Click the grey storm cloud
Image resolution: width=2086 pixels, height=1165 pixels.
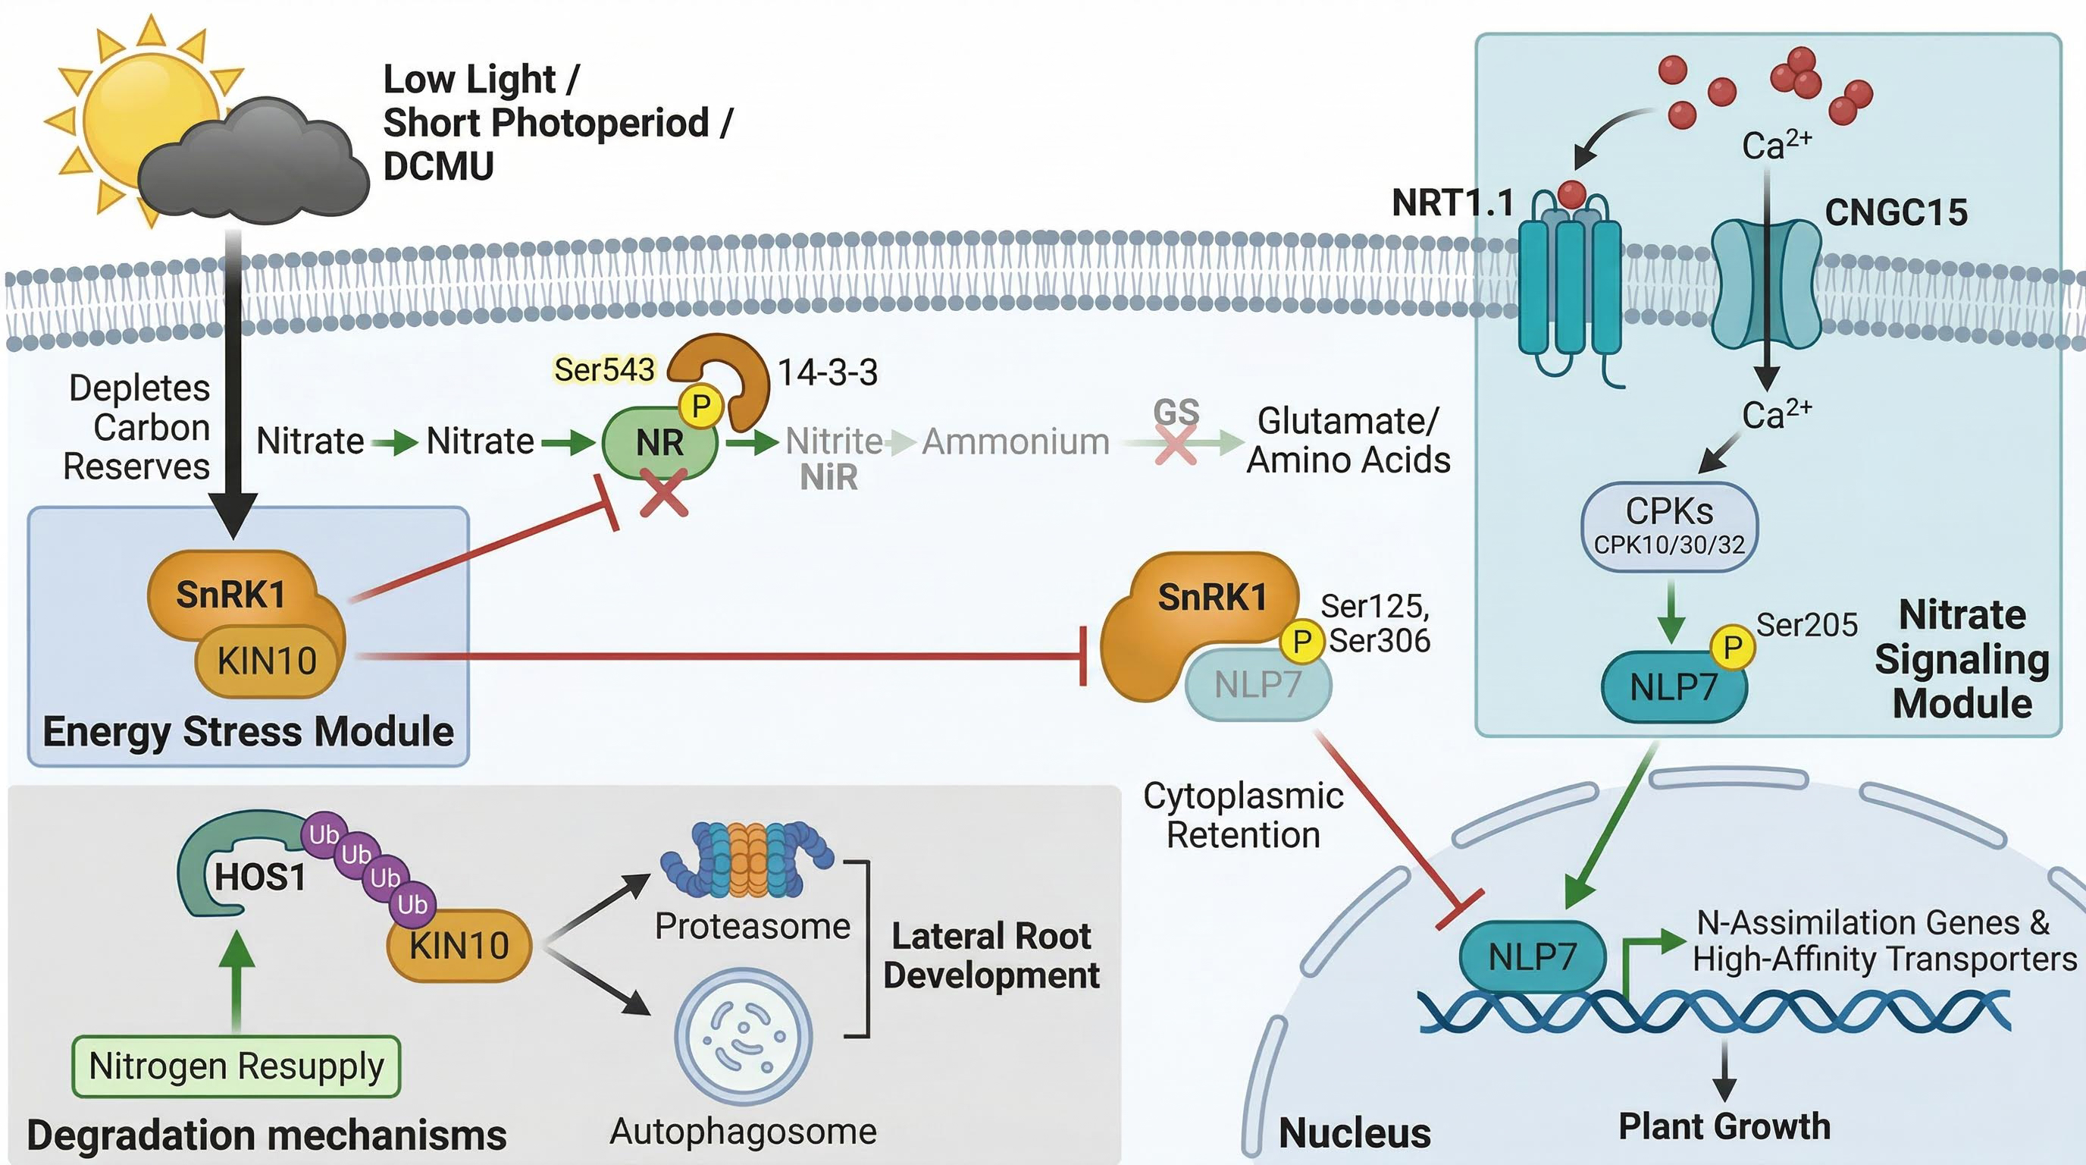[252, 162]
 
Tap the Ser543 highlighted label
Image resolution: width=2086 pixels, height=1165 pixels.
[604, 369]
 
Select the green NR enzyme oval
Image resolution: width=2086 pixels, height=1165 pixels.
[659, 442]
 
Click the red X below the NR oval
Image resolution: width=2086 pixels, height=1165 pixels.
[664, 496]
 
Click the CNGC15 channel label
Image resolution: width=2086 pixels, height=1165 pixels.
[1896, 212]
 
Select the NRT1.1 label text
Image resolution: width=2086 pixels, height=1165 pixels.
[1453, 203]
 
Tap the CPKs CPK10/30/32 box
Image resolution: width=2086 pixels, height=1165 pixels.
[1670, 526]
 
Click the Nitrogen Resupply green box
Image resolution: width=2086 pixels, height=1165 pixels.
[236, 1066]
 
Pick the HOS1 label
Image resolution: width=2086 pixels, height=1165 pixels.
[260, 877]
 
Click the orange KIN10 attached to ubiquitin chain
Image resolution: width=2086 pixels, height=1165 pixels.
[459, 946]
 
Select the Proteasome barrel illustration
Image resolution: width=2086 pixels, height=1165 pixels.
[747, 861]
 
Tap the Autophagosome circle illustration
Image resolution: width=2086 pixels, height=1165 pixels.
[744, 1037]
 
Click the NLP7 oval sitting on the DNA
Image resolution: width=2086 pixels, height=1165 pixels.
[1532, 956]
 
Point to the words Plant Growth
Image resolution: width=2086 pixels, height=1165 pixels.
[1724, 1126]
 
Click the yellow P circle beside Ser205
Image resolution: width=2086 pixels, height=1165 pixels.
[1732, 647]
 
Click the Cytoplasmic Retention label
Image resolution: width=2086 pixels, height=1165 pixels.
[1243, 815]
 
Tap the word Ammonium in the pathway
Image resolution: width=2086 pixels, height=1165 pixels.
[1016, 441]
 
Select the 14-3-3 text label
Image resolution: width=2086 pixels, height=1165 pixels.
[828, 372]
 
